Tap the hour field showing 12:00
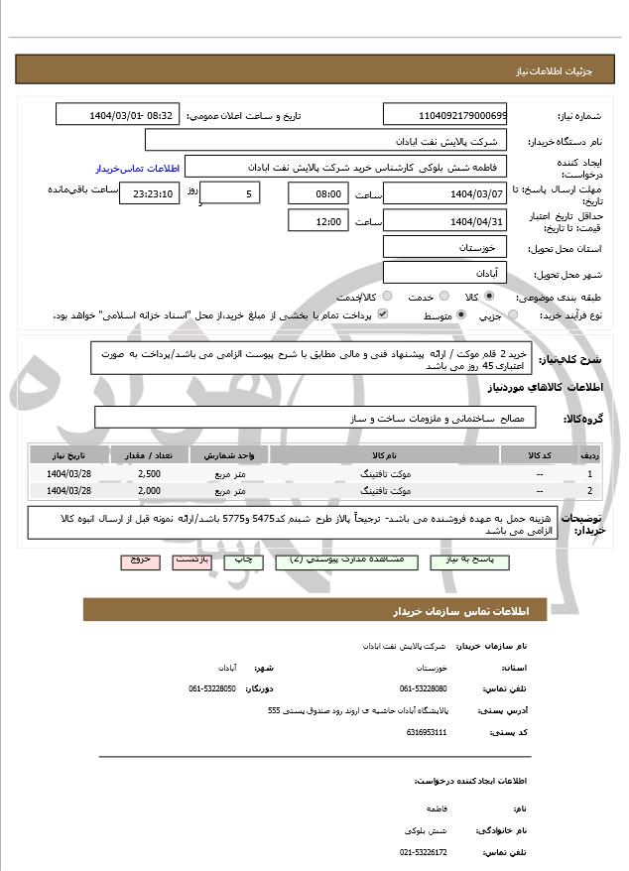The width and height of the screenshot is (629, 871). [317, 221]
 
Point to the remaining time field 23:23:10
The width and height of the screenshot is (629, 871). [149, 193]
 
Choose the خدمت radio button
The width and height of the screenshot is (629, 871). [414, 297]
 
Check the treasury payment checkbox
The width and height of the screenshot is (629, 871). [383, 315]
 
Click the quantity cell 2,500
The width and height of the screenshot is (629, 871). [150, 474]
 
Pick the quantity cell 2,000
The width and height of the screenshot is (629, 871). [150, 490]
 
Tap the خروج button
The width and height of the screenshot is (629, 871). [140, 560]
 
